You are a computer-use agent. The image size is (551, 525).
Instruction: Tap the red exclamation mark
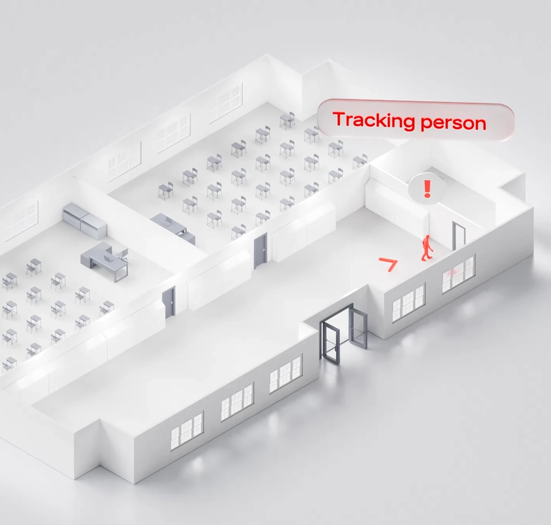427,188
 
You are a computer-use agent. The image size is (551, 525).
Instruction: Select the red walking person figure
426,248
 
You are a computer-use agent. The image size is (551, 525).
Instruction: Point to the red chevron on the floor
389,264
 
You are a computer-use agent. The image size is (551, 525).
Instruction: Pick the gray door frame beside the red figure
459,236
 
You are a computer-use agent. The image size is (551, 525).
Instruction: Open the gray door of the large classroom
260,250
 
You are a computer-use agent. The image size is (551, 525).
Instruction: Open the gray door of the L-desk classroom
169,302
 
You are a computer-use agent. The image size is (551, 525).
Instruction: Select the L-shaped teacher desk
104,259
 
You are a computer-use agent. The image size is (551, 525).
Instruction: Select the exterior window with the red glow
458,273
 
